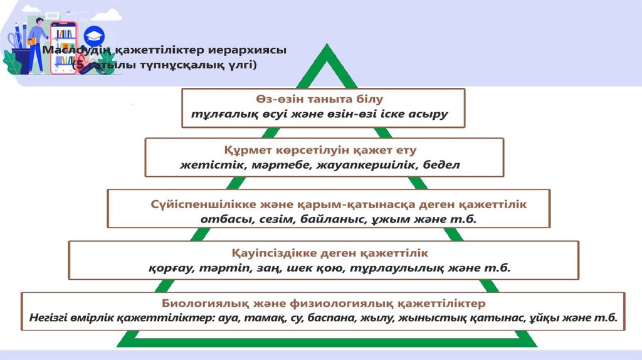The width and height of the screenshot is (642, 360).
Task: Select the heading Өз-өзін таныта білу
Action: click(324, 99)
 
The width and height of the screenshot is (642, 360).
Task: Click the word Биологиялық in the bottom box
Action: click(199, 304)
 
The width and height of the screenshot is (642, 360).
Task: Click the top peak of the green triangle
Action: click(326, 46)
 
